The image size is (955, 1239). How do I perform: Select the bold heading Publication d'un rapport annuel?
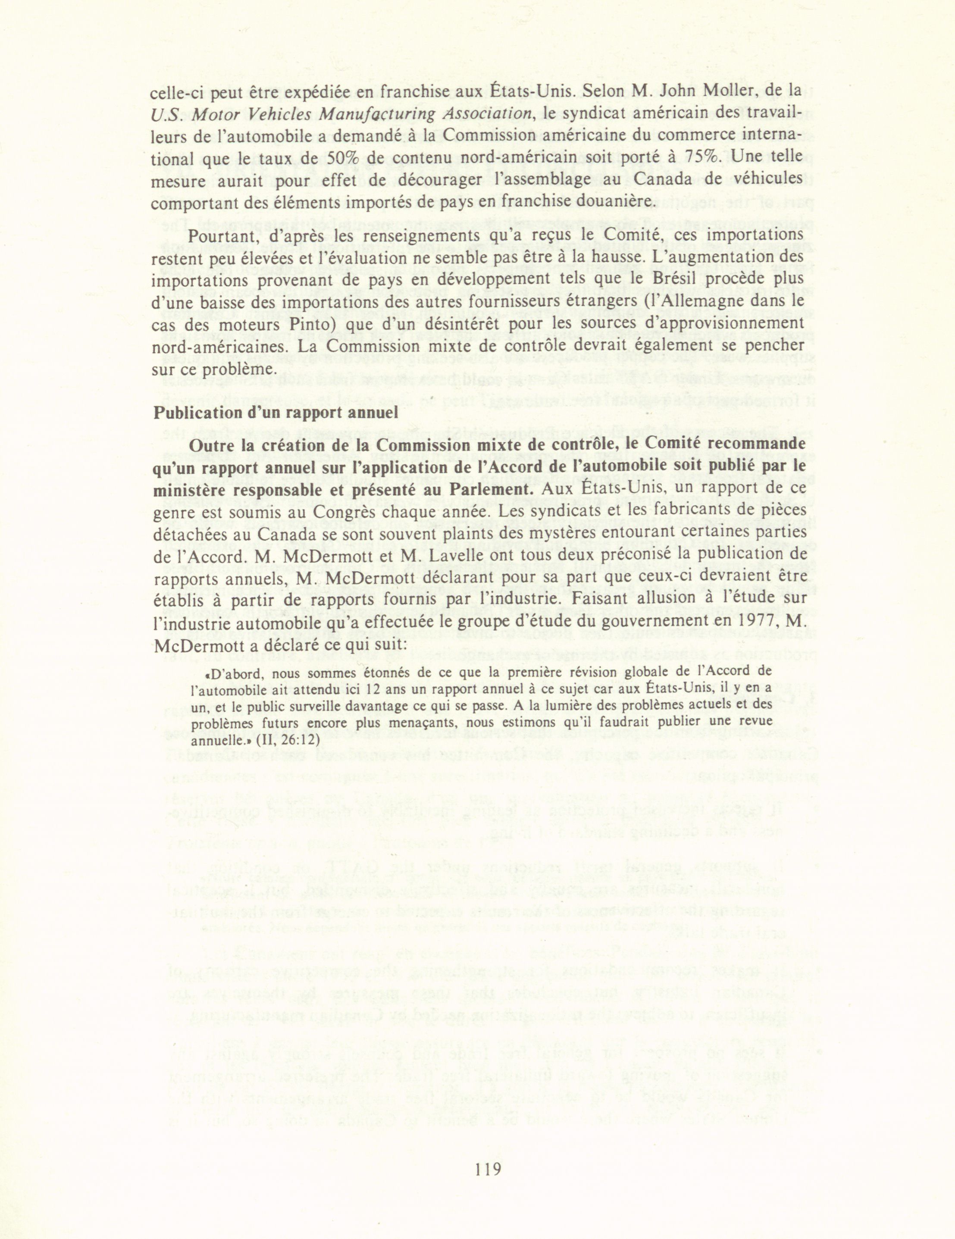tap(276, 413)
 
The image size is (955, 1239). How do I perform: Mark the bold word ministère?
tap(192, 490)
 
